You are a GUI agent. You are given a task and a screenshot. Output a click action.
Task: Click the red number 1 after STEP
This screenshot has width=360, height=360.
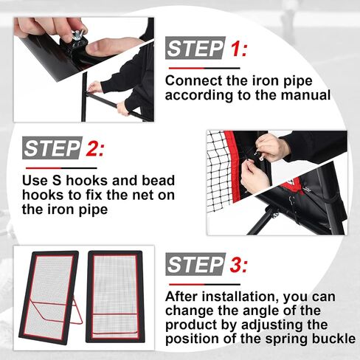point(235,49)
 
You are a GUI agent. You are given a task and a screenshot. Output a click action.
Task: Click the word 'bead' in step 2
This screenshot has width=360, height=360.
point(159,180)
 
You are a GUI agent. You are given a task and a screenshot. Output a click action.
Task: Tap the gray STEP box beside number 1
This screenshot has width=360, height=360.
point(195,48)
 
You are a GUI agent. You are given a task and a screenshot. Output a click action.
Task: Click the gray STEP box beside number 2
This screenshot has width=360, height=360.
point(52,148)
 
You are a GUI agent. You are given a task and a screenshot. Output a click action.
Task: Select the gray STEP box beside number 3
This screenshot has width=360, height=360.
point(195,264)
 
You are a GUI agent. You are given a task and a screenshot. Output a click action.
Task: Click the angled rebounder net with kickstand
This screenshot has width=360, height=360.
point(49,297)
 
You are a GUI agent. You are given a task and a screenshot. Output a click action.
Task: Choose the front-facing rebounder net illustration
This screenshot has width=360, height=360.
point(115,297)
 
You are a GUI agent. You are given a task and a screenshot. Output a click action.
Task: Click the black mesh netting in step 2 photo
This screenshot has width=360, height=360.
point(218,172)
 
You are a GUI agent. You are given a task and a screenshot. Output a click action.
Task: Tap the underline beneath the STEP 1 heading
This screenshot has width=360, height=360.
point(204,68)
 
